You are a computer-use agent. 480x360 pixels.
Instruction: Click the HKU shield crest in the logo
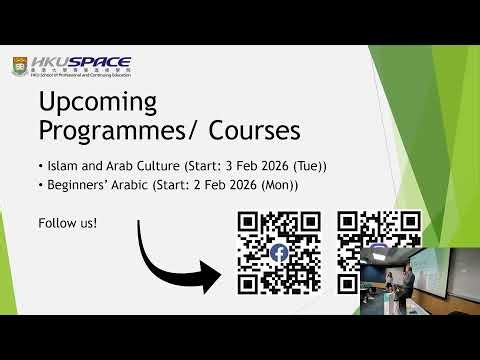[20, 68]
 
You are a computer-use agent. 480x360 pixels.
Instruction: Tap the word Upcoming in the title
[98, 102]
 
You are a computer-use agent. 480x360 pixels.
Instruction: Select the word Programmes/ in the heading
[114, 130]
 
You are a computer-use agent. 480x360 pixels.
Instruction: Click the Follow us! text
[59, 221]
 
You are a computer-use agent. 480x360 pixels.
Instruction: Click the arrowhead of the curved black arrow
[213, 275]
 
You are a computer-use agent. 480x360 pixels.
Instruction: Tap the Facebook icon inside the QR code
[279, 254]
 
